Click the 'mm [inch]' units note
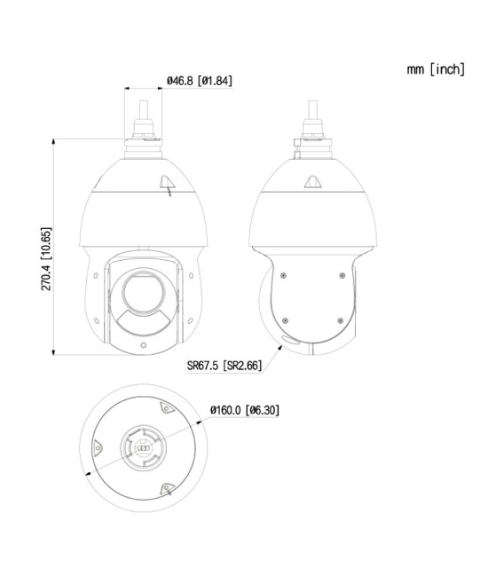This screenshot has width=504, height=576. click(436, 69)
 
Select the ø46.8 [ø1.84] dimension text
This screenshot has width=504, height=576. click(200, 82)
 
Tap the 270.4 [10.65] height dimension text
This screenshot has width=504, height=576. click(46, 259)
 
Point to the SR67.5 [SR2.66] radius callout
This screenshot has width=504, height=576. click(224, 365)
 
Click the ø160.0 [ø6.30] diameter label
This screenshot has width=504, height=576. click(245, 410)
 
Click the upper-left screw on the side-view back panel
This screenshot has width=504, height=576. click(283, 275)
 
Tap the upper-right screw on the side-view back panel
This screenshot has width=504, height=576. click(342, 275)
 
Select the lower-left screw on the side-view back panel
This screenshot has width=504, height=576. click(283, 320)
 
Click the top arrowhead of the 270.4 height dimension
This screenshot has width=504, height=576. click(56, 141)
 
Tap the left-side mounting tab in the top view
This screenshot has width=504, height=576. click(100, 448)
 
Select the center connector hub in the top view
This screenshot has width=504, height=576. click(143, 447)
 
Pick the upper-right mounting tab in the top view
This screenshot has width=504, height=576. click(166, 409)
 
